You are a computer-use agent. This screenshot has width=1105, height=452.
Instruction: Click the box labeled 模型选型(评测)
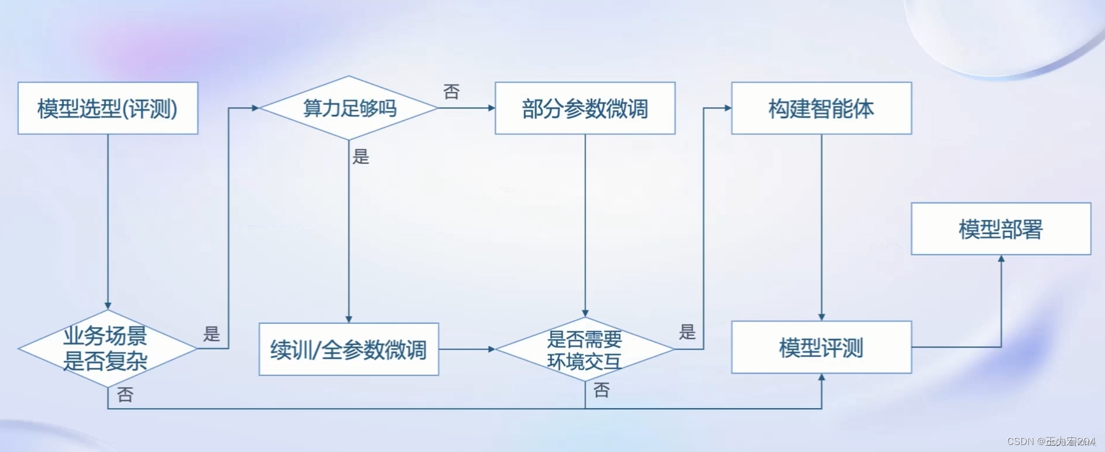108,108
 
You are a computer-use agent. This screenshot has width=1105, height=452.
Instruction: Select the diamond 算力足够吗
349,108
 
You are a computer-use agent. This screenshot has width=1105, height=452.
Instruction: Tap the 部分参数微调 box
585,108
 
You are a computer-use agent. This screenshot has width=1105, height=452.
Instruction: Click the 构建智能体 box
821,108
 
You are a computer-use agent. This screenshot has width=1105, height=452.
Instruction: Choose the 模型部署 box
1001,229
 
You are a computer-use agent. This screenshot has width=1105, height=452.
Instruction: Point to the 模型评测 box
821,347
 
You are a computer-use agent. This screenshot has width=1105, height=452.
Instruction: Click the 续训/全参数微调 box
349,350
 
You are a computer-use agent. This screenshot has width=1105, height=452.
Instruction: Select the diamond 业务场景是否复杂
108,348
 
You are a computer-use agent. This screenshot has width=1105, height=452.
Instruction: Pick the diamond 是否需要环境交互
585,350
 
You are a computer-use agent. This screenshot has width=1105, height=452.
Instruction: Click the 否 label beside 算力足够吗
451,92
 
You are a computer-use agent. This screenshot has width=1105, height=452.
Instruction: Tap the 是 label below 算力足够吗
361,156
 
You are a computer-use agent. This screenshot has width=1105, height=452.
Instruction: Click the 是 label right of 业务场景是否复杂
211,334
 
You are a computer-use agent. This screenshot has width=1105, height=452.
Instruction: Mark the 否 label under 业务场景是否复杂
125,395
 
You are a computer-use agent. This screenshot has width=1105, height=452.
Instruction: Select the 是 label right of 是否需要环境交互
687,332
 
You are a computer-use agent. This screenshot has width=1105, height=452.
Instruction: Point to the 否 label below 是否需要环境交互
602,390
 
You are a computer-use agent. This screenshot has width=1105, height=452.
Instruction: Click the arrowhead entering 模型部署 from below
1001,259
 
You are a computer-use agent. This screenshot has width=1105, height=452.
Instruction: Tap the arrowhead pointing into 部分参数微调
492,108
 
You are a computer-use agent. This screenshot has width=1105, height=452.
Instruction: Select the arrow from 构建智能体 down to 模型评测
821,228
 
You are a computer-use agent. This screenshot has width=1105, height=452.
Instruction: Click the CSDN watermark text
1051,441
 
